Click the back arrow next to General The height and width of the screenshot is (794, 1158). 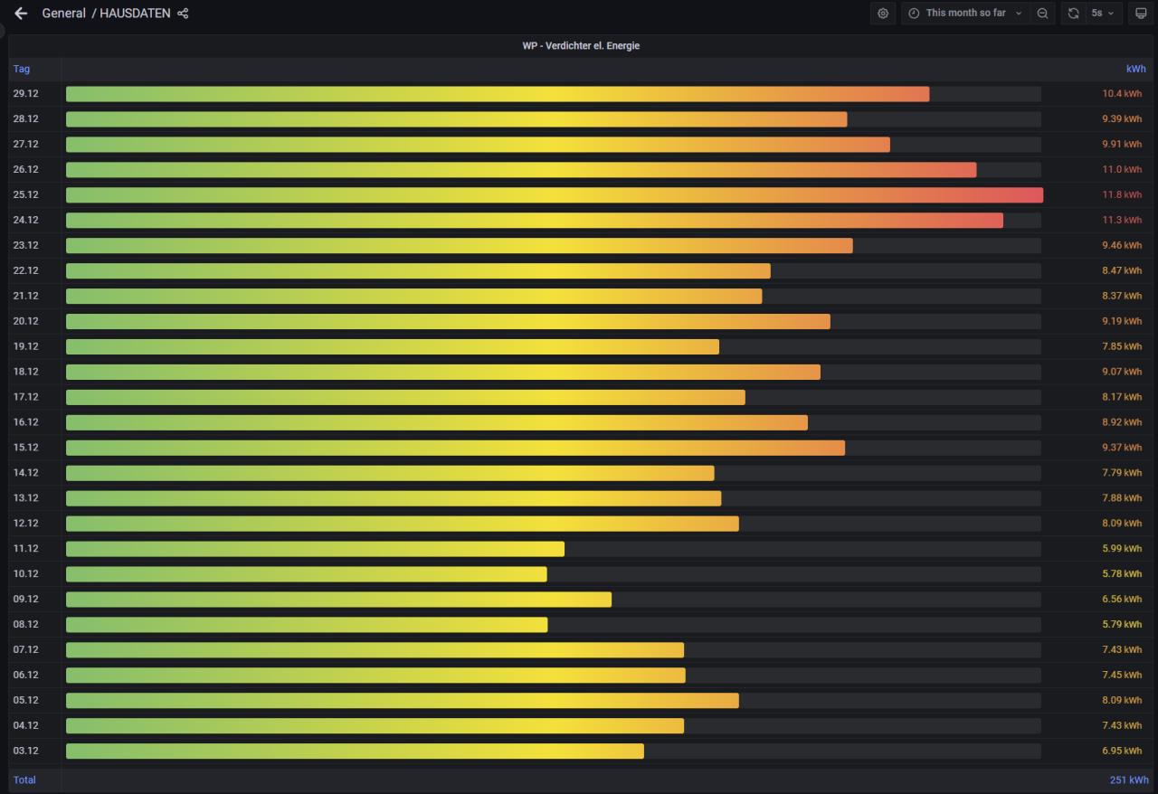coord(21,14)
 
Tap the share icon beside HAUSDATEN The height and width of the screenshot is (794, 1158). coord(183,14)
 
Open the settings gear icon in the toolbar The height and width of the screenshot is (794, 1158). coord(883,14)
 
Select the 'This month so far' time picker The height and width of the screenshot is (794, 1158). coord(964,14)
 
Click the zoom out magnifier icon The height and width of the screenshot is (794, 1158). coord(1042,14)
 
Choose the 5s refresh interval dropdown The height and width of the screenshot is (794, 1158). coord(1102,14)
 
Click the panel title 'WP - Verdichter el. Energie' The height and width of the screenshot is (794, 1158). coord(581,45)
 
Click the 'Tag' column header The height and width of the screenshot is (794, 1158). coord(22,69)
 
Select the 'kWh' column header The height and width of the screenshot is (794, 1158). coord(1135,69)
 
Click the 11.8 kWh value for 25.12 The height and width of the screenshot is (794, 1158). coord(1122,194)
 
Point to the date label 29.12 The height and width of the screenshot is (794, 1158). coord(25,93)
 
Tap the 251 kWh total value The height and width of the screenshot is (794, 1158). coord(1129,780)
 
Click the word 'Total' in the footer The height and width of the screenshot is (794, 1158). coord(24,780)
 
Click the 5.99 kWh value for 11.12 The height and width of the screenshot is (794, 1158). coord(1122,549)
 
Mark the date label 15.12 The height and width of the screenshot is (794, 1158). coord(25,448)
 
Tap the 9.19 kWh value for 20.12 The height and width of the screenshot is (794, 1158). coord(1122,321)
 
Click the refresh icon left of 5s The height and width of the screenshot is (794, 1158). coord(1073,14)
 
